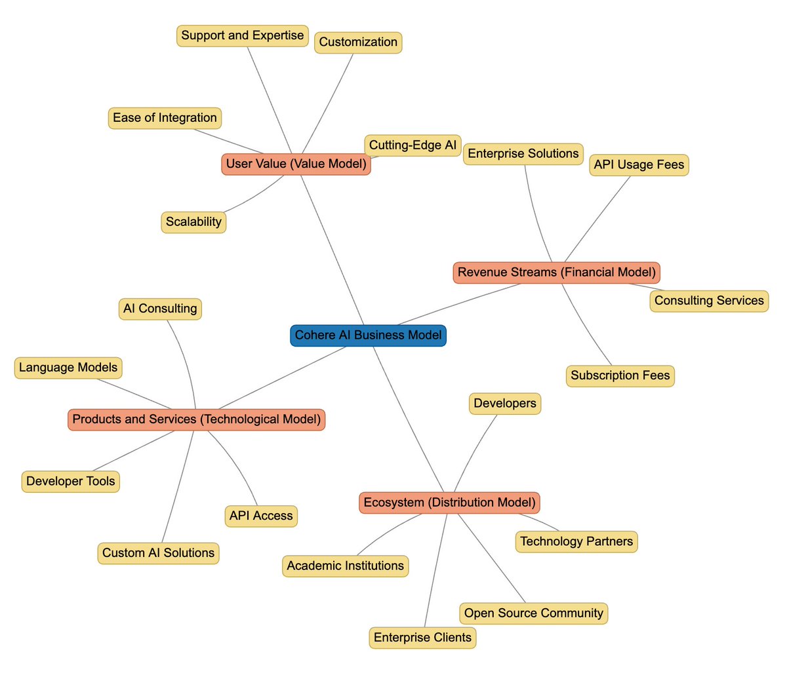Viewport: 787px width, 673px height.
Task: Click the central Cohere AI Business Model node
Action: [x=368, y=336]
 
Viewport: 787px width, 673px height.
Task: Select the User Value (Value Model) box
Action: [x=296, y=164]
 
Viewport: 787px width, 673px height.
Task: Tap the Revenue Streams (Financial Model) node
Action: [x=556, y=273]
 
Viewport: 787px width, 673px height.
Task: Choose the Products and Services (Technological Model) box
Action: [x=196, y=419]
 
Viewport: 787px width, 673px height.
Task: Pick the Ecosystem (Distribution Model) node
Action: [x=449, y=503]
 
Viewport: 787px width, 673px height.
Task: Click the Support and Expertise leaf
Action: [x=242, y=35]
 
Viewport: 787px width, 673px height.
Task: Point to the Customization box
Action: [x=358, y=43]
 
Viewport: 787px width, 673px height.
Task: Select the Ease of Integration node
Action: [x=165, y=118]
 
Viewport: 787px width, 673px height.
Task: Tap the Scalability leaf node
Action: [x=193, y=222]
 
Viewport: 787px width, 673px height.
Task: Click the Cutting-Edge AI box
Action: [x=413, y=145]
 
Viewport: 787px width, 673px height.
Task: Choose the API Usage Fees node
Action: [x=639, y=165]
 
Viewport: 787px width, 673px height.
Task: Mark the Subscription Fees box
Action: [x=620, y=375]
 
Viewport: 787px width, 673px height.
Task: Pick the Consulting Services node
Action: [x=709, y=301]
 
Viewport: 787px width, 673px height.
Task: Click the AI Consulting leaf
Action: [x=160, y=309]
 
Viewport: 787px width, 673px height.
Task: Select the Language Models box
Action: [x=68, y=368]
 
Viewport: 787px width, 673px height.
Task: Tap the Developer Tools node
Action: [x=71, y=482]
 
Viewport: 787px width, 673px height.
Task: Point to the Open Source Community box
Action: [x=533, y=613]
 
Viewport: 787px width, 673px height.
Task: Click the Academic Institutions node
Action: [x=345, y=566]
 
